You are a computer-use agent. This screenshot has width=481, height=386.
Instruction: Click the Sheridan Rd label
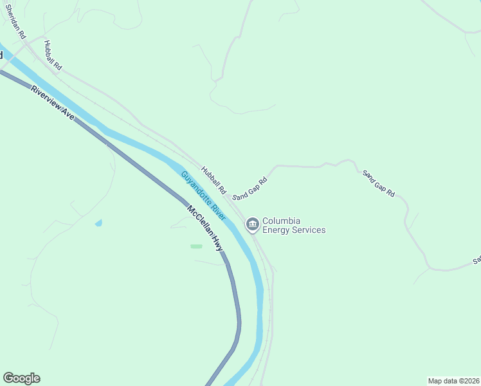coord(14,21)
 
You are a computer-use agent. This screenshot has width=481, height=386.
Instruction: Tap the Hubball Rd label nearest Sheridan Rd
coord(53,55)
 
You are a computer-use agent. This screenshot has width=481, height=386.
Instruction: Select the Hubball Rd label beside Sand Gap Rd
coord(213,180)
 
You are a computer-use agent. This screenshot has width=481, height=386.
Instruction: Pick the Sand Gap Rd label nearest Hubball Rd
coord(250,188)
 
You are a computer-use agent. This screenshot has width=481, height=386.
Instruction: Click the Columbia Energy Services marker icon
coord(253,224)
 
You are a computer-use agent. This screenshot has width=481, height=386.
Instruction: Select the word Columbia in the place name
coord(281,221)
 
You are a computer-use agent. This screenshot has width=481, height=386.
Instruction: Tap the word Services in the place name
coord(309,230)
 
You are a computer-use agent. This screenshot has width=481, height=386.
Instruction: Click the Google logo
coord(21,378)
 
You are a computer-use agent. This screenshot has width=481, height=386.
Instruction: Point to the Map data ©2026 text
coord(453,381)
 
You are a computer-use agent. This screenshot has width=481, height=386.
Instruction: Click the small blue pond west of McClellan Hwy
coord(98,223)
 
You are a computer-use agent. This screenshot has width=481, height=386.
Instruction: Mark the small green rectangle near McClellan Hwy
coord(196,246)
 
